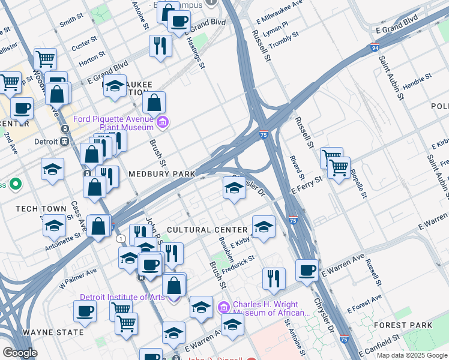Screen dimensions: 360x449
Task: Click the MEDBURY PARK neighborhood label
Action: tap(162, 174)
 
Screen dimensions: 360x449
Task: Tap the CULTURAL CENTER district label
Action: tap(207, 230)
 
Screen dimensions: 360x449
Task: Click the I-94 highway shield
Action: tap(375, 47)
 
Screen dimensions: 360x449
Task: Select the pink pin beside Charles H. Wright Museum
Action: tap(223, 308)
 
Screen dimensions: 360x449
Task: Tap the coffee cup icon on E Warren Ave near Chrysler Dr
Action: tap(307, 269)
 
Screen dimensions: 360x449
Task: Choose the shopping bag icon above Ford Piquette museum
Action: tap(154, 103)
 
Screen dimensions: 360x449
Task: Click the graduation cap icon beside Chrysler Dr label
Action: tap(234, 188)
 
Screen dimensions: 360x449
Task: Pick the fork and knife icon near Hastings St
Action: tap(160, 46)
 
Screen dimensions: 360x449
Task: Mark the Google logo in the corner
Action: tap(20, 353)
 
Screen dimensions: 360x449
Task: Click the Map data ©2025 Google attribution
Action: tap(412, 355)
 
